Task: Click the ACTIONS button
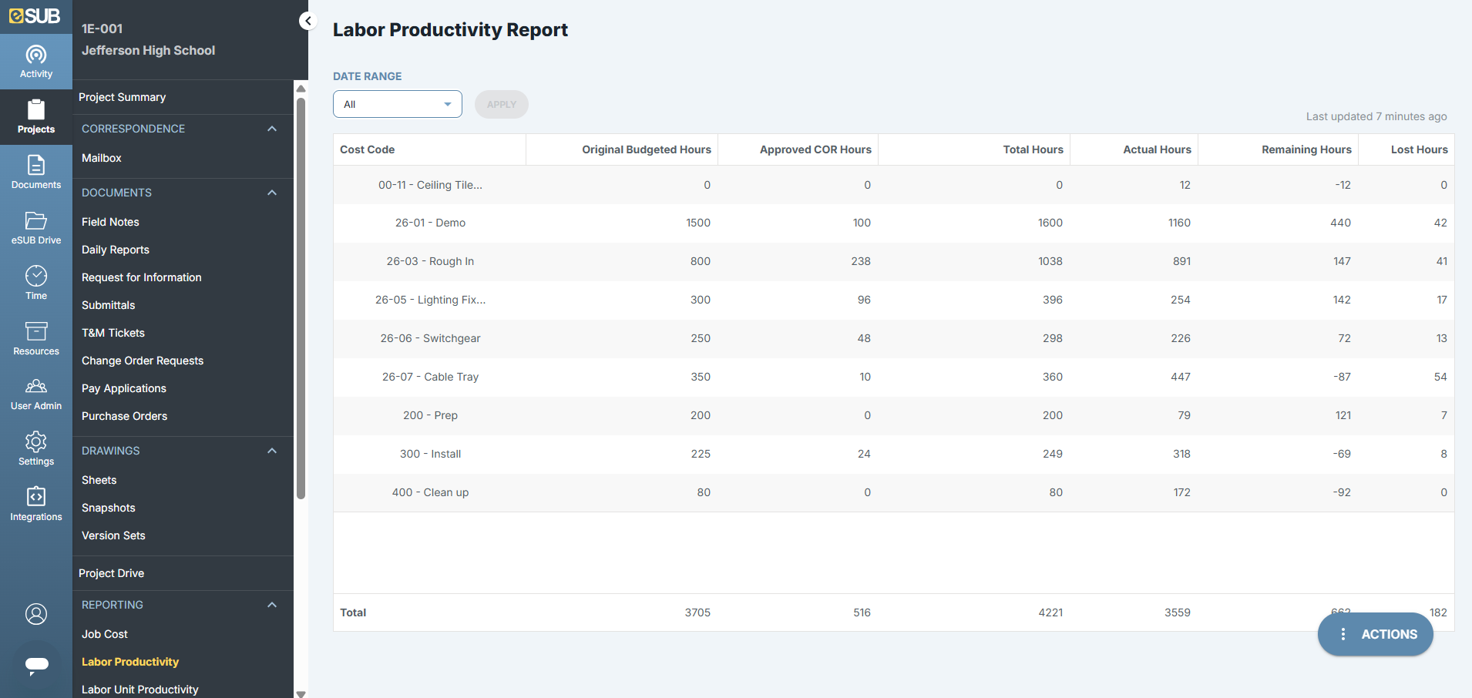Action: click(x=1376, y=634)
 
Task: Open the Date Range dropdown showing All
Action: click(x=397, y=104)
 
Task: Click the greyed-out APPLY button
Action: click(x=501, y=104)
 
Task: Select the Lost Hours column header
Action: click(x=1419, y=149)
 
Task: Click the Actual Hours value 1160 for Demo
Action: click(x=1179, y=223)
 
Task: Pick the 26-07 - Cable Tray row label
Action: click(x=430, y=377)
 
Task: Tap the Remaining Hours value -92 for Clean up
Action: click(x=1342, y=492)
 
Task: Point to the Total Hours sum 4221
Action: click(x=1050, y=612)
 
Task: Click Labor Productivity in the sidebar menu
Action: click(x=130, y=662)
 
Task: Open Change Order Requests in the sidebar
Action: click(x=143, y=361)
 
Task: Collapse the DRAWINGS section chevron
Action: click(x=272, y=451)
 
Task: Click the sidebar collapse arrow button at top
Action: click(x=308, y=21)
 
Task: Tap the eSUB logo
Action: click(x=35, y=15)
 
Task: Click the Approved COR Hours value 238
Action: click(x=861, y=261)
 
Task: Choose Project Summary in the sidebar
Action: click(x=122, y=97)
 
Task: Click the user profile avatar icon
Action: click(x=36, y=614)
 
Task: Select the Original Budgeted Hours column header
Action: click(x=646, y=149)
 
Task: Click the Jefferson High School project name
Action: click(x=149, y=50)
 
